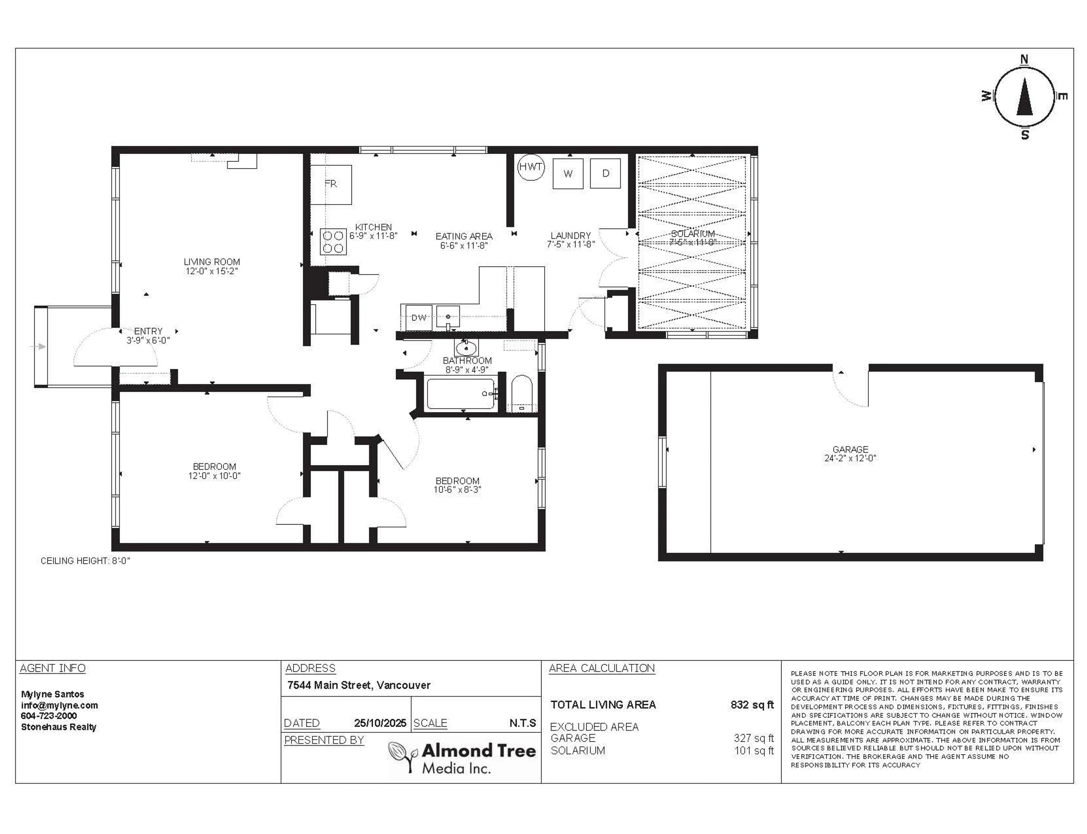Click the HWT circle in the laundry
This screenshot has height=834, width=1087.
[530, 167]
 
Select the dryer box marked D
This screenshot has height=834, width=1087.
[605, 173]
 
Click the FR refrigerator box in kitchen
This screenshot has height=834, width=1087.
[331, 184]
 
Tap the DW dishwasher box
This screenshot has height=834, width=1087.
[418, 318]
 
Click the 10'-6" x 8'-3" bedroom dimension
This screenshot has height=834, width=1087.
[457, 489]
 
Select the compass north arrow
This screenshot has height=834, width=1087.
[1024, 97]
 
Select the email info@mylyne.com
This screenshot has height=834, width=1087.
[59, 705]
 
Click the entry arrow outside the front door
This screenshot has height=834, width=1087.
[40, 347]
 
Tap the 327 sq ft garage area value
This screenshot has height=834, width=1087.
[754, 738]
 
